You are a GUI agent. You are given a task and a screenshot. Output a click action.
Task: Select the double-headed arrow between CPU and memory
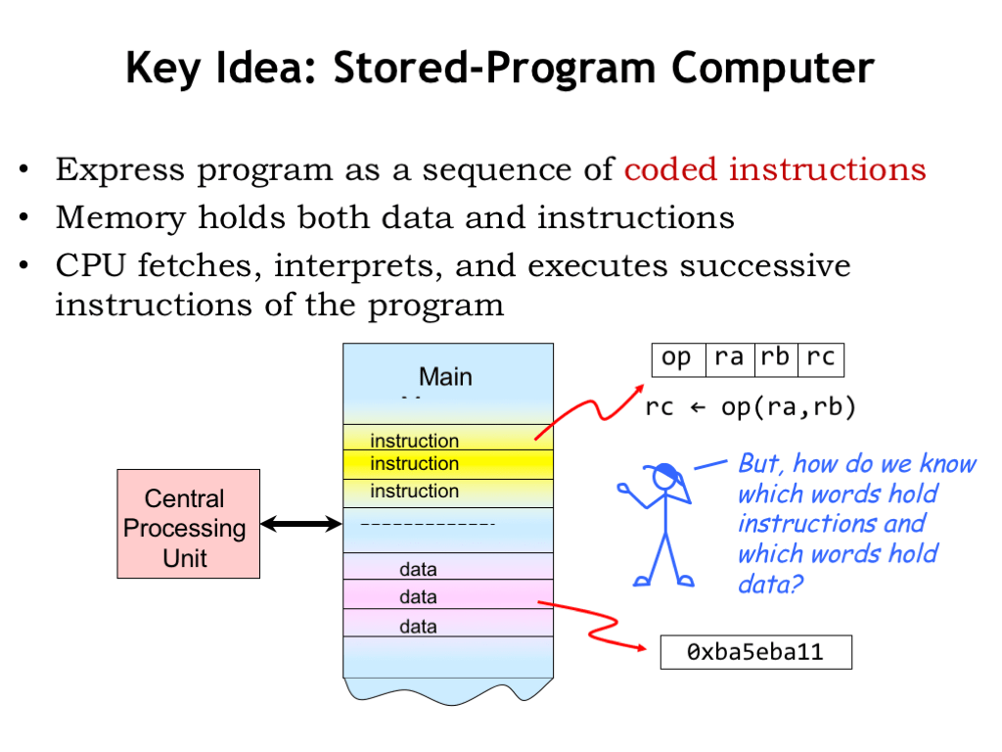pyautogui.click(x=301, y=525)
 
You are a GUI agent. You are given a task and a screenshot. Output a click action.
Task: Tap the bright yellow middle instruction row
pyautogui.click(x=447, y=464)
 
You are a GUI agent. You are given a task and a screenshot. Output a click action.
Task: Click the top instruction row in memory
pyautogui.click(x=447, y=440)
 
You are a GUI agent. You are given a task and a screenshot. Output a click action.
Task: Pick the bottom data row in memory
pyautogui.click(x=447, y=624)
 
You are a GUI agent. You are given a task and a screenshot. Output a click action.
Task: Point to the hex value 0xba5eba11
pyautogui.click(x=755, y=652)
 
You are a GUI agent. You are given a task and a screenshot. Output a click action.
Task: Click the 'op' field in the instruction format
pyautogui.click(x=677, y=359)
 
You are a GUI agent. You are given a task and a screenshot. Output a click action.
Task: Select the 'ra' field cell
pyautogui.click(x=729, y=359)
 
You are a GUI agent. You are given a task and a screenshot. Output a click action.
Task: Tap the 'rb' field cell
pyautogui.click(x=775, y=359)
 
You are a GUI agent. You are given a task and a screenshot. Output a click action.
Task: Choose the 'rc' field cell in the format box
pyautogui.click(x=820, y=359)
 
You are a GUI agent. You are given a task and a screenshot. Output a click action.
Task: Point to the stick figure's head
pyautogui.click(x=665, y=477)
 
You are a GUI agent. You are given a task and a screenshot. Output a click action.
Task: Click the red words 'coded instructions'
pyautogui.click(x=774, y=169)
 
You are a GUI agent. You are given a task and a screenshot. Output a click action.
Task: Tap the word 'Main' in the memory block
pyautogui.click(x=445, y=377)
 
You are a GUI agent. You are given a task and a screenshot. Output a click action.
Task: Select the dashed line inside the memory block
pyautogui.click(x=428, y=526)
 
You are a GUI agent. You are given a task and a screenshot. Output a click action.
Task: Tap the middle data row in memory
pyautogui.click(x=447, y=595)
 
